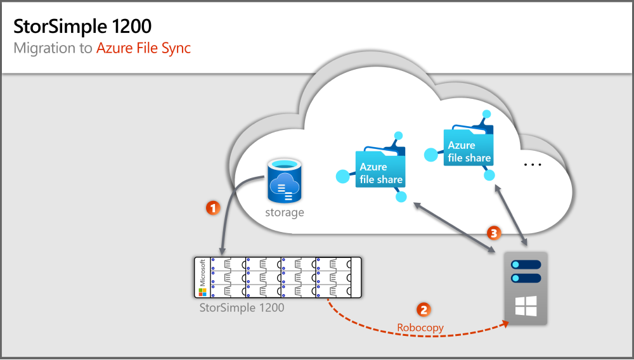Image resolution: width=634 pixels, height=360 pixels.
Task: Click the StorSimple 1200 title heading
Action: [x=82, y=27]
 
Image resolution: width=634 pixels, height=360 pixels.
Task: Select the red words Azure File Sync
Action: [x=143, y=48]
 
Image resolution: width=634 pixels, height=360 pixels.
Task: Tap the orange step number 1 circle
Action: [x=214, y=207]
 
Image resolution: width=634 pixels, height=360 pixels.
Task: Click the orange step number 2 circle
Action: [x=423, y=309]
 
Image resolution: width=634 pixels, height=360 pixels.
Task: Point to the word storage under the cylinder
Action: [x=285, y=213]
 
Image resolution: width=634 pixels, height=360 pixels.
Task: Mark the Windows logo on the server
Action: [x=526, y=305]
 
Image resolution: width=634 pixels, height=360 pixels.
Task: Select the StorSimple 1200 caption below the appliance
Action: [x=242, y=308]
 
